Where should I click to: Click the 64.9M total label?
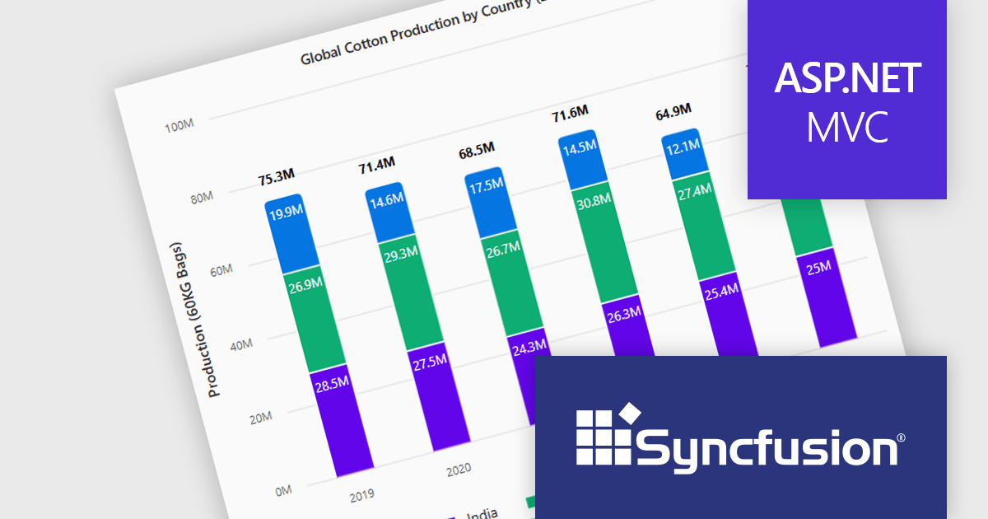[673, 110]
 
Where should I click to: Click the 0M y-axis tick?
[283, 491]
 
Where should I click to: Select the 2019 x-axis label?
[361, 496]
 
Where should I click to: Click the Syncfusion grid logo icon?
[606, 433]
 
